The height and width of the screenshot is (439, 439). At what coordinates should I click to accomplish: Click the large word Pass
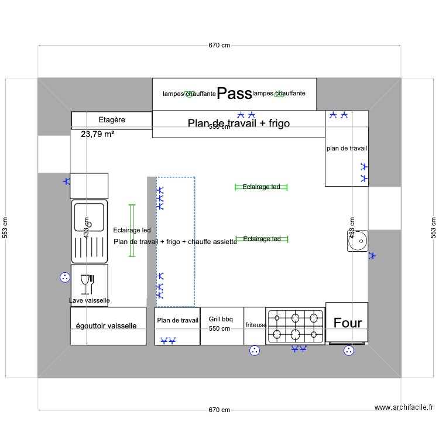click(x=234, y=92)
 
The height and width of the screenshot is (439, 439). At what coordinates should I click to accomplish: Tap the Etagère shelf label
click(x=111, y=119)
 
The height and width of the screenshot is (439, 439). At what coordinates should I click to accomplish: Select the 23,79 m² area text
click(x=97, y=134)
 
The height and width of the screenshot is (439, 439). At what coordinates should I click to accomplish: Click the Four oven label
click(x=348, y=323)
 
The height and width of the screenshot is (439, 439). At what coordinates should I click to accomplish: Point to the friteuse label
click(x=256, y=324)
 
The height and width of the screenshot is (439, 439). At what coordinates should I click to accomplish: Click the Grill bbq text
click(x=221, y=319)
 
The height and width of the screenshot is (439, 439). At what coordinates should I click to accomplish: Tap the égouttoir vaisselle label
click(x=107, y=326)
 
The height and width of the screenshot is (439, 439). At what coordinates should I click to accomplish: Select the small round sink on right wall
click(x=358, y=239)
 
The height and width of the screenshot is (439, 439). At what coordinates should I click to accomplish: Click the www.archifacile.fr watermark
click(x=404, y=408)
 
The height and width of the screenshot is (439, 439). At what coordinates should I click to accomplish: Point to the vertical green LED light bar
click(x=132, y=230)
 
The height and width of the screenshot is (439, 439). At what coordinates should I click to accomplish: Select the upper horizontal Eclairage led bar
click(x=261, y=187)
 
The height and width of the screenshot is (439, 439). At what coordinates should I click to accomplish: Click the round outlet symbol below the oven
click(x=349, y=351)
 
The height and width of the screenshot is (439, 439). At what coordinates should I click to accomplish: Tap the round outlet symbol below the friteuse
click(x=255, y=351)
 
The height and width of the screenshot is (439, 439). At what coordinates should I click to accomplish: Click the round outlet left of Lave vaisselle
click(x=64, y=277)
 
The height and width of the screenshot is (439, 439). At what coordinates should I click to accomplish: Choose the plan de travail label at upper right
click(x=347, y=149)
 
